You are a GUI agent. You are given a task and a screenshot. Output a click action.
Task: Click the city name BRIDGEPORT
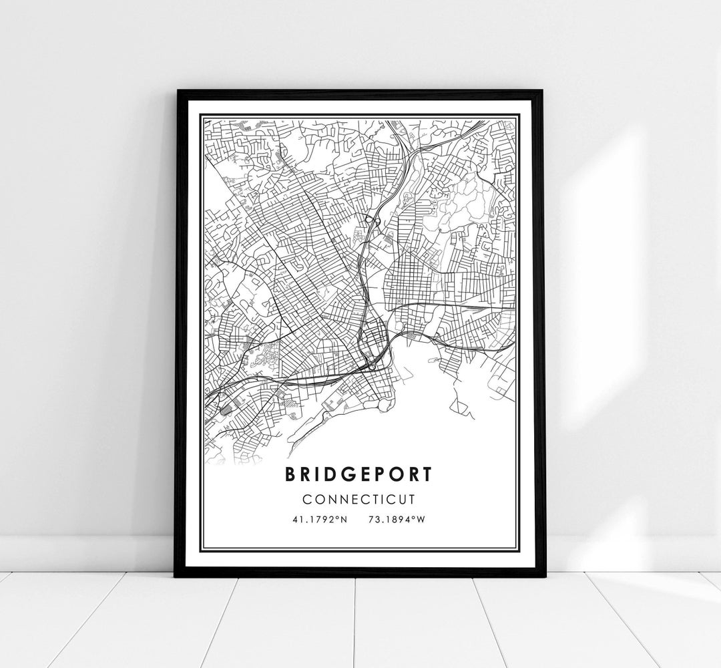360,473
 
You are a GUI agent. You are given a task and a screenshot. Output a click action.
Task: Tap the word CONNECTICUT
360,499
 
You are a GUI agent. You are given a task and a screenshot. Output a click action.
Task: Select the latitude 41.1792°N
320,519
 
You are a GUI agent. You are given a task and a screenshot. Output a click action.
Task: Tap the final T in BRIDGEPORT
428,473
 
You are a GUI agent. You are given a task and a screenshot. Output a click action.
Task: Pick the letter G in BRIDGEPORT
344,473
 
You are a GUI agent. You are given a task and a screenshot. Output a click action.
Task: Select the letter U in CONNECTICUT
404,499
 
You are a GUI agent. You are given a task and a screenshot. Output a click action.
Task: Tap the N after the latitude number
344,519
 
